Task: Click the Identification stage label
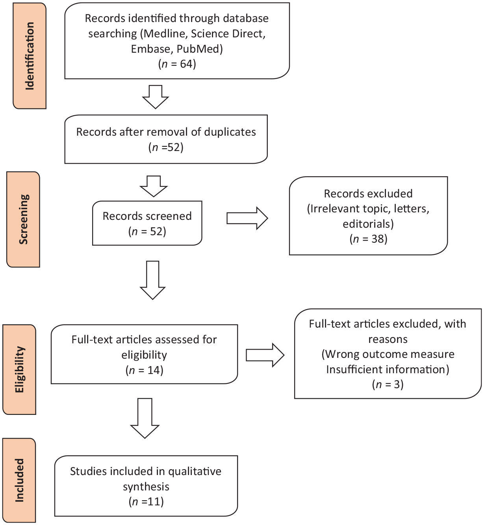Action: tap(30, 56)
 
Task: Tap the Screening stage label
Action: tap(23, 219)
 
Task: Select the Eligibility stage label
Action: tap(20, 369)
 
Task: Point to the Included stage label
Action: tap(20, 480)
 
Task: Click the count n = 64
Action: tap(177, 64)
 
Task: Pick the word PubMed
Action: tap(200, 49)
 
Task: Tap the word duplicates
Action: tap(230, 132)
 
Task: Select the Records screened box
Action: tap(147, 223)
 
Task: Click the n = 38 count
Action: tap(368, 239)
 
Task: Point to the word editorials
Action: tap(368, 224)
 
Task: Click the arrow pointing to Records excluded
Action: tap(247, 218)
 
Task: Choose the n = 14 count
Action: tap(144, 370)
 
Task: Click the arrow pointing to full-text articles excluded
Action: tap(265, 355)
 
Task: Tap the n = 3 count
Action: tap(388, 385)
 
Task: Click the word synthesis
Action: tap(146, 487)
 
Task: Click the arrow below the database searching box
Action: tap(156, 97)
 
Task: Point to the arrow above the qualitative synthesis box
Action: tap(145, 418)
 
